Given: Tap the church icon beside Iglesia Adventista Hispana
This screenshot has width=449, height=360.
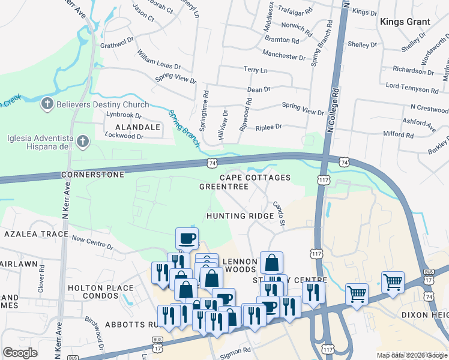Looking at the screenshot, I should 83,142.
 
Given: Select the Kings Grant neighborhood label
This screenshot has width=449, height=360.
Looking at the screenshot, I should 405,22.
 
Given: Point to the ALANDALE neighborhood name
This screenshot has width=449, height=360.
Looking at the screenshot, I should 133,127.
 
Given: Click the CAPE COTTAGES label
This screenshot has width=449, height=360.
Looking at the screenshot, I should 255,178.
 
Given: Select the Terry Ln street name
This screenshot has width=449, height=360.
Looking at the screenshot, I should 255,70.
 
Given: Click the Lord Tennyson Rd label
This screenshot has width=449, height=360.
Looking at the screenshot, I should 412,88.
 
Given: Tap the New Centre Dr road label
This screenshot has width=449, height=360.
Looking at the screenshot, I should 92,242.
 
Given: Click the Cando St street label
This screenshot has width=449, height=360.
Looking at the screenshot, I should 279,214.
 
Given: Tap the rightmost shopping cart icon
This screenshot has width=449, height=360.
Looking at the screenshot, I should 393,281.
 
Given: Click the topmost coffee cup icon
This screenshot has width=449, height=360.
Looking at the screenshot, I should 187,238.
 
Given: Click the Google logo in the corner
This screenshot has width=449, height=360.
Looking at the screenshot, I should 20,353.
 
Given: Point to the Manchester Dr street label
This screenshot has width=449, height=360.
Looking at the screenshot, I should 285,56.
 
